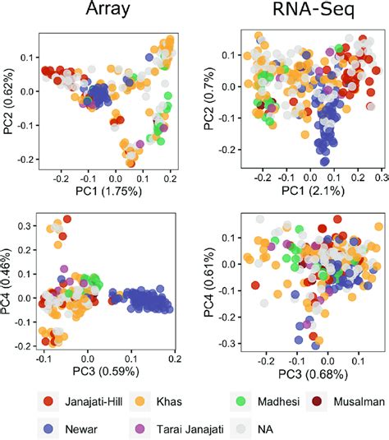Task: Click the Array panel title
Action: [x=108, y=9]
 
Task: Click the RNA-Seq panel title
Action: [x=313, y=9]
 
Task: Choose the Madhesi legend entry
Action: [x=265, y=401]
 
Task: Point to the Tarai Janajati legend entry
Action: [x=176, y=428]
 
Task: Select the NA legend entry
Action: [x=251, y=428]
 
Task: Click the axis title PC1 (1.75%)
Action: [x=108, y=191]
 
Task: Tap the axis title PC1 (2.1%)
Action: [x=313, y=191]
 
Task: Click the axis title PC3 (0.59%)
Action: [x=106, y=371]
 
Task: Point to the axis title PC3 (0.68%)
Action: [x=313, y=374]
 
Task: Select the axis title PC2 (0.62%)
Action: [x=8, y=101]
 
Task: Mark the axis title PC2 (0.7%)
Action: [x=209, y=99]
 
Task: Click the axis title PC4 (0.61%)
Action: [x=209, y=283]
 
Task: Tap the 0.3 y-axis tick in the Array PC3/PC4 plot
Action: [x=25, y=226]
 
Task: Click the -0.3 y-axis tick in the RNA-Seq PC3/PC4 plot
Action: [x=227, y=344]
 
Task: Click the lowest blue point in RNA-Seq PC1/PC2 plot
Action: [x=325, y=161]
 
